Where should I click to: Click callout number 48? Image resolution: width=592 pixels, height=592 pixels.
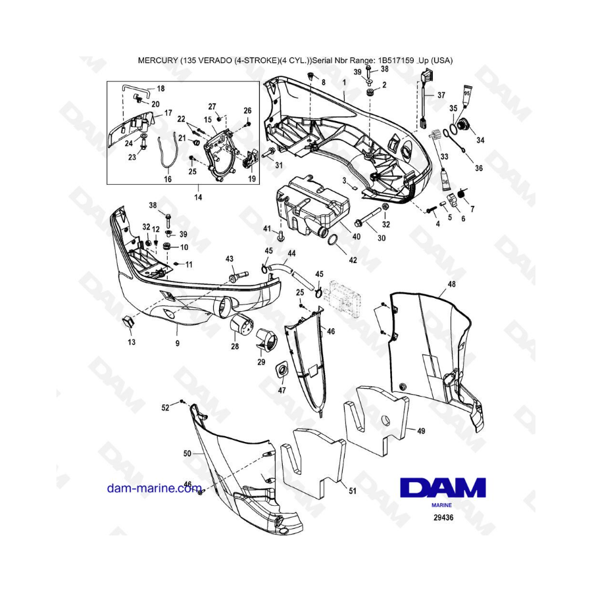pyautogui.click(x=451, y=284)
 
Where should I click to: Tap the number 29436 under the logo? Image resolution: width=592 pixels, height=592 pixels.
pyautogui.click(x=443, y=518)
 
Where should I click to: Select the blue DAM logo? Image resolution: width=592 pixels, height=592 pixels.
pyautogui.click(x=443, y=487)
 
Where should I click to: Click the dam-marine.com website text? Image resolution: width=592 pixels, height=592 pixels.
pyautogui.click(x=154, y=488)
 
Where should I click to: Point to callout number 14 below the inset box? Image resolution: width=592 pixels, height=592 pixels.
pyautogui.click(x=198, y=197)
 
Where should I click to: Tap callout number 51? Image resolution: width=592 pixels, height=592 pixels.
pyautogui.click(x=353, y=491)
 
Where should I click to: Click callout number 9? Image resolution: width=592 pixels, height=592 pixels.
pyautogui.click(x=178, y=343)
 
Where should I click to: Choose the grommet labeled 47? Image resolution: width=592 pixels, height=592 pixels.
pyautogui.click(x=282, y=370)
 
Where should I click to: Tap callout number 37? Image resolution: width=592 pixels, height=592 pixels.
pyautogui.click(x=441, y=95)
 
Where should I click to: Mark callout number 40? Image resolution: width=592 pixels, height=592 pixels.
pyautogui.click(x=356, y=237)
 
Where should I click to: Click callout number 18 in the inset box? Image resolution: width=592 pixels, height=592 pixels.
pyautogui.click(x=160, y=89)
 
